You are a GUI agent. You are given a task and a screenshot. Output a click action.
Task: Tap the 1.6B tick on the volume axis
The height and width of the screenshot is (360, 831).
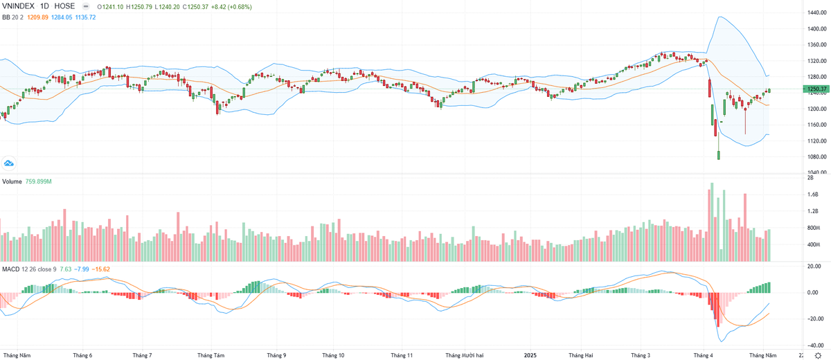812,195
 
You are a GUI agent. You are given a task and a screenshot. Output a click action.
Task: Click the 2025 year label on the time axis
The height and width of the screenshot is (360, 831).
530,355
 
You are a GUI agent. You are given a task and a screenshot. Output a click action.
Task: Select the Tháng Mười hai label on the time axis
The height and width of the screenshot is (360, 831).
464,355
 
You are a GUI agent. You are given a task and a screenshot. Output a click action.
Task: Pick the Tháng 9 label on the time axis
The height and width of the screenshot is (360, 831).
276,355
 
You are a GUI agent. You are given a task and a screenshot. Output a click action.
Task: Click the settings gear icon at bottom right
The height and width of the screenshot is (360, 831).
817,355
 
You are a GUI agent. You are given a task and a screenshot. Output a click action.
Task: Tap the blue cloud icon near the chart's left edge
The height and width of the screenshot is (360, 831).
9,163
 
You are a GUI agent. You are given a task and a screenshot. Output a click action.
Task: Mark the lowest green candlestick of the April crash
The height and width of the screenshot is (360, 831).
719,154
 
